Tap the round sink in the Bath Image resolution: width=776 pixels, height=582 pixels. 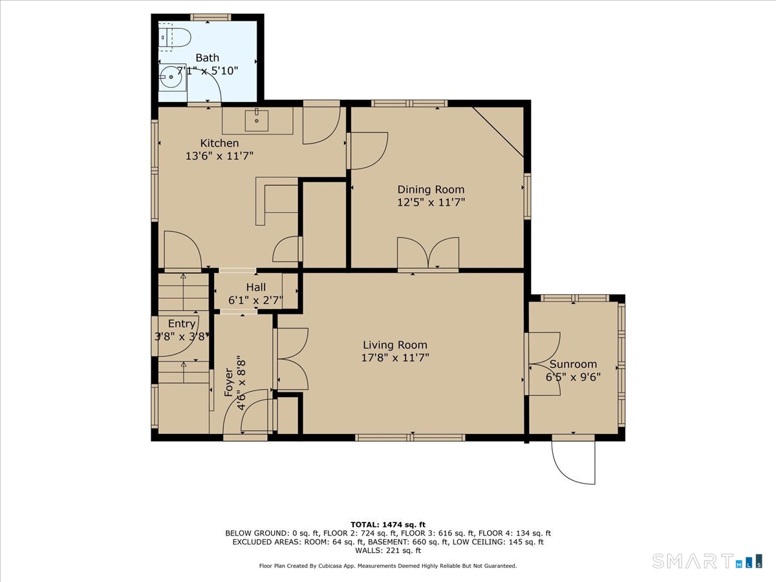pyautogui.click(x=171, y=77)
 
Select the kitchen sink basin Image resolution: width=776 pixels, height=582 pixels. pyautogui.click(x=257, y=120)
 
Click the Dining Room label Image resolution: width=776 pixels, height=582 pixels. pyautogui.click(x=431, y=189)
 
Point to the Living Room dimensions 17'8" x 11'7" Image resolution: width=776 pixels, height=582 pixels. pyautogui.click(x=395, y=358)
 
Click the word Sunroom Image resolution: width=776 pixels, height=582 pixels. pyautogui.click(x=573, y=364)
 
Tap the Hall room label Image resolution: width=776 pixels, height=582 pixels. pyautogui.click(x=256, y=287)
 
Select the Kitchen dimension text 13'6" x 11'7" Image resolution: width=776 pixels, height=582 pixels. pyautogui.click(x=219, y=156)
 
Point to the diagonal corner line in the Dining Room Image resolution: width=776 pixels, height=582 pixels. pyautogui.click(x=498, y=132)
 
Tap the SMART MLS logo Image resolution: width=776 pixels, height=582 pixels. pyautogui.click(x=707, y=561)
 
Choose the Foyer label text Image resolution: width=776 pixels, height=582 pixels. pyautogui.click(x=229, y=382)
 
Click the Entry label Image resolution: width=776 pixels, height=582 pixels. pyautogui.click(x=181, y=323)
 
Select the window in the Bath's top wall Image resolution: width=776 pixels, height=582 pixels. pyautogui.click(x=211, y=17)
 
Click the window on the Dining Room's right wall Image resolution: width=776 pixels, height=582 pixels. pyautogui.click(x=527, y=196)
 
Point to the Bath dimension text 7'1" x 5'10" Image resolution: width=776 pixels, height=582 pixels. pyautogui.click(x=207, y=70)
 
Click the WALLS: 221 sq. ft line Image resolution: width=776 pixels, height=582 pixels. pyautogui.click(x=388, y=550)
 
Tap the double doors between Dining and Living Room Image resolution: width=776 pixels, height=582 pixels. pyautogui.click(x=428, y=253)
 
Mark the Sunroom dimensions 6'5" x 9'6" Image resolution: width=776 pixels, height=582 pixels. pyautogui.click(x=573, y=377)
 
